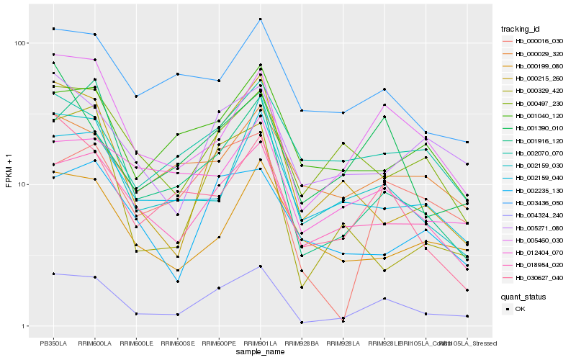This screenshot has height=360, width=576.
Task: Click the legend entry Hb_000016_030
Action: (534, 41)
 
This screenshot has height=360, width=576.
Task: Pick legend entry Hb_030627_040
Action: (534, 278)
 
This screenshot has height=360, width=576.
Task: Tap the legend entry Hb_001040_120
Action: (534, 116)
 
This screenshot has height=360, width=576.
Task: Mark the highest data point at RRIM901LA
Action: (260, 19)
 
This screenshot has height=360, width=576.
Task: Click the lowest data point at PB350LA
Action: (53, 274)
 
